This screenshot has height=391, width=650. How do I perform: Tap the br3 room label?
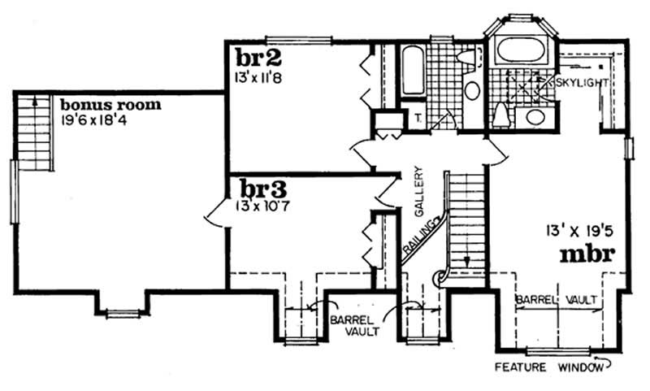pyautogui.click(x=259, y=190)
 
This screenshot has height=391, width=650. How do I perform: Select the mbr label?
pyautogui.click(x=586, y=255)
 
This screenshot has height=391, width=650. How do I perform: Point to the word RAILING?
pyautogui.click(x=422, y=234)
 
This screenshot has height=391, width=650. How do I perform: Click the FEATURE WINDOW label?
pyautogui.click(x=548, y=368)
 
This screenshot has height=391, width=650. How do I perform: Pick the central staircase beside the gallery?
pyautogui.click(x=466, y=219)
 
